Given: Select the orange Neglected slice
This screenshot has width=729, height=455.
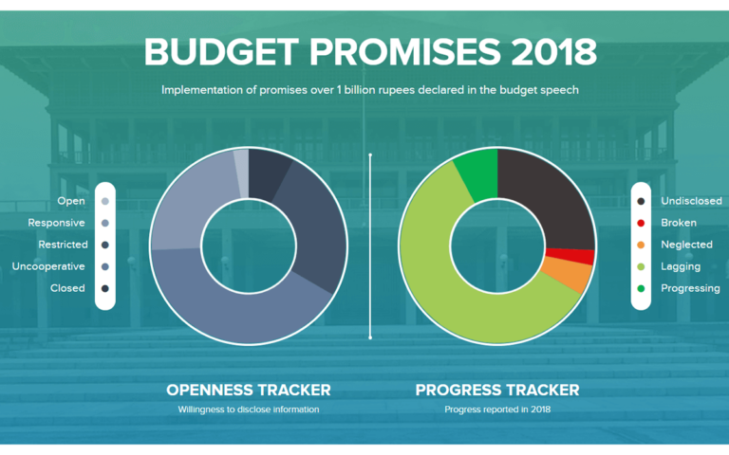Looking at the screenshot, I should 568,276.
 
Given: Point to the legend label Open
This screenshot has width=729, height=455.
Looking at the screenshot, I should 71,201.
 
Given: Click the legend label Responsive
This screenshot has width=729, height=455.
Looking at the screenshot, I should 57,223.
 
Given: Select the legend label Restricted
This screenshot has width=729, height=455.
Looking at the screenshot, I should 58,245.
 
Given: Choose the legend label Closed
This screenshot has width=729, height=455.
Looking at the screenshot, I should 67,288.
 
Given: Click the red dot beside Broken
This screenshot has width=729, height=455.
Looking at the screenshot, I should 643,223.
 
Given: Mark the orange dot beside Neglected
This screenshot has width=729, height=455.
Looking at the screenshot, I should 643,245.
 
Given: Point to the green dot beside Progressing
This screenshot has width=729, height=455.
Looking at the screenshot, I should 643,288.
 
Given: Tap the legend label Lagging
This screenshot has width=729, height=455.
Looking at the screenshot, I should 681,266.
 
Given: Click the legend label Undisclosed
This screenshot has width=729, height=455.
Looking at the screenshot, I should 691,201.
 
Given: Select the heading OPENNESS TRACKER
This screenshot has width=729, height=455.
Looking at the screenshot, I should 249,390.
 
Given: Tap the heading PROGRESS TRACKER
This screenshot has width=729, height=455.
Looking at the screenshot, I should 497,390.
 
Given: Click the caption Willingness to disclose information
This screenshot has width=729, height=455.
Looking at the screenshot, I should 249,409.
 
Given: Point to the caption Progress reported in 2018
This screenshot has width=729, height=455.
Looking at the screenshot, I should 497,409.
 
